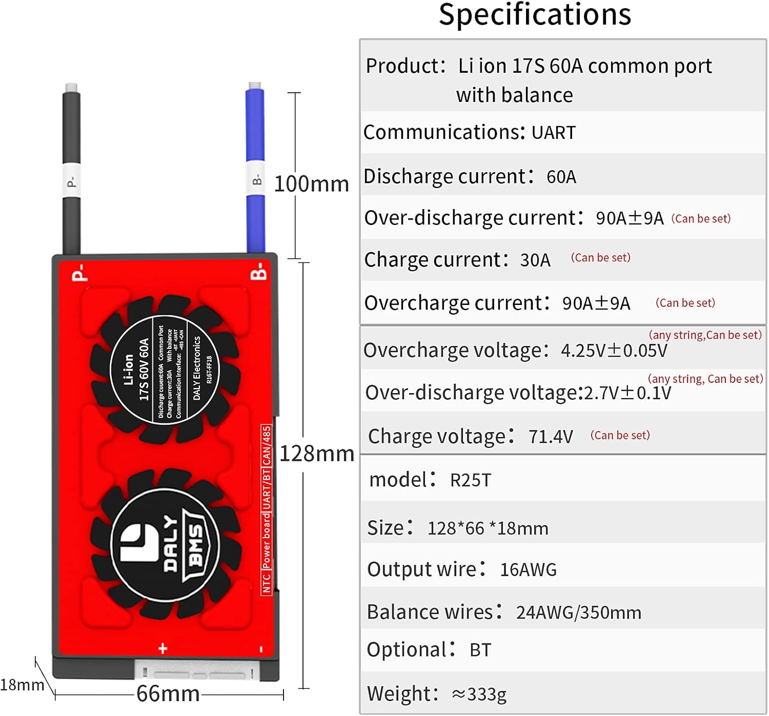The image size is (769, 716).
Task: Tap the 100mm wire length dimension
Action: (x=311, y=184)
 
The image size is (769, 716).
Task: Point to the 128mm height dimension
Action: (x=317, y=454)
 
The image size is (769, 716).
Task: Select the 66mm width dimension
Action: (x=168, y=694)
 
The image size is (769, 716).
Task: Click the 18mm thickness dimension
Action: (x=22, y=685)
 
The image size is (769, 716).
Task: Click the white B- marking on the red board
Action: (x=259, y=272)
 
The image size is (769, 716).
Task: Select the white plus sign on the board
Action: (x=163, y=648)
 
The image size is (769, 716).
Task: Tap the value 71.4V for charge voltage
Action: (x=551, y=437)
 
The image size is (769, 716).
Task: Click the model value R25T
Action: (x=470, y=481)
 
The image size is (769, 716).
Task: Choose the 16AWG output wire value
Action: (x=528, y=570)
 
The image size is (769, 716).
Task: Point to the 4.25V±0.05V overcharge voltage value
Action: (x=614, y=351)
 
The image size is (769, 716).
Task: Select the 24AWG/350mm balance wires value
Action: (x=578, y=613)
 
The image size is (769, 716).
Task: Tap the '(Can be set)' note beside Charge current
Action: (x=600, y=258)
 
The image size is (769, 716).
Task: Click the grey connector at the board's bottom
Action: (x=198, y=670)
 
